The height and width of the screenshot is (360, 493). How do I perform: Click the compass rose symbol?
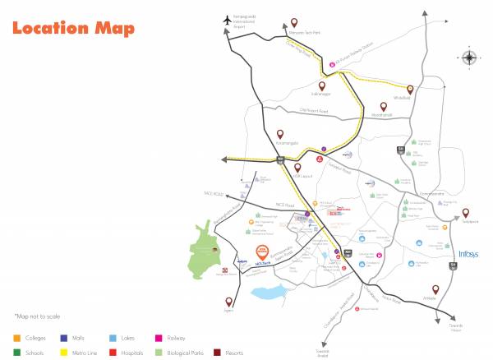tap(469, 58)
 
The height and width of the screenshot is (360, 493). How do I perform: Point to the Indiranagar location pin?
tap(322, 85)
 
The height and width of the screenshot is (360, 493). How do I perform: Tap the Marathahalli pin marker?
tap(382, 106)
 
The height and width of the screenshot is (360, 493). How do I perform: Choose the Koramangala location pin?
tap(280, 132)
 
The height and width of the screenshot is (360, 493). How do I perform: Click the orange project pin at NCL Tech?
tap(261, 252)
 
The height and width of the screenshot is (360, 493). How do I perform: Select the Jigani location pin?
tap(228, 302)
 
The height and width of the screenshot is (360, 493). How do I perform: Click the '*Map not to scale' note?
tap(37, 316)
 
